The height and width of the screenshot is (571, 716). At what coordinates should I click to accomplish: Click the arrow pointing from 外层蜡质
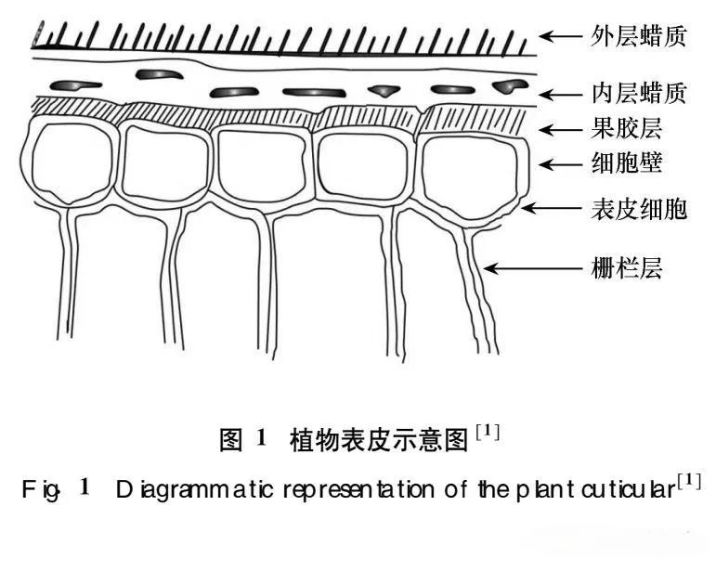pos(560,37)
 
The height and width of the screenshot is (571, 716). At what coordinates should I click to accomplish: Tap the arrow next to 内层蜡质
pos(560,94)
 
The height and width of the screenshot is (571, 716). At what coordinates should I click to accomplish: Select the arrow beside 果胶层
pos(560,130)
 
